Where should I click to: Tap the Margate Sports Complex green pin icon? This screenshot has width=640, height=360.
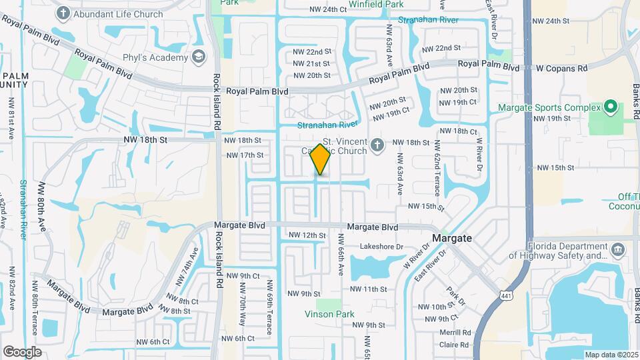[x=609, y=107]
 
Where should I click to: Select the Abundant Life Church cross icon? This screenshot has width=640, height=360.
[x=63, y=13]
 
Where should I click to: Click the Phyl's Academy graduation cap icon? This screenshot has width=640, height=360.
[x=198, y=57]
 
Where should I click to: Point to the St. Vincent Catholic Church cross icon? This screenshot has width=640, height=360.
[x=377, y=145]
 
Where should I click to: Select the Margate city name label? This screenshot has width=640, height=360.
[x=452, y=238]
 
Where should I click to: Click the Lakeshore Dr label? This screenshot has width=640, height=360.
[x=382, y=246]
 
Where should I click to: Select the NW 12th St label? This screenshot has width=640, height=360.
[x=307, y=235]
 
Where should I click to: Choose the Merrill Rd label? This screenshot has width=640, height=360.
[x=455, y=333]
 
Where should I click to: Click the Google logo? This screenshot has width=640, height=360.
[x=22, y=351]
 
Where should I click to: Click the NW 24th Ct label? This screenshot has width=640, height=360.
[x=328, y=9]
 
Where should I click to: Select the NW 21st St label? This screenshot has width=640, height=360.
[x=311, y=63]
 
